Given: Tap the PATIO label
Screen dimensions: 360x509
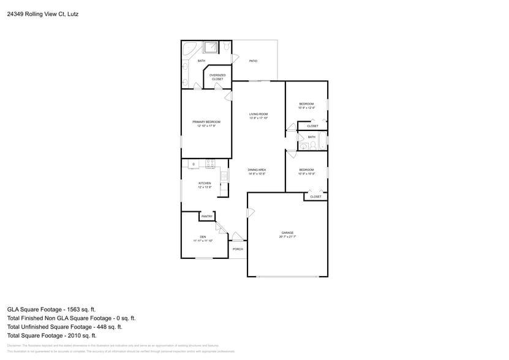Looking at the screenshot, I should [253, 61].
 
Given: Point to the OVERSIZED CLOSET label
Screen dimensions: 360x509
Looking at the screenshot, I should [217, 77].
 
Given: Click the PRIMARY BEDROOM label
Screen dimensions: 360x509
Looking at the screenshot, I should [206, 122].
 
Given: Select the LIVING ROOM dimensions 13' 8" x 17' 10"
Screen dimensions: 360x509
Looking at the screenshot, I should [258, 118].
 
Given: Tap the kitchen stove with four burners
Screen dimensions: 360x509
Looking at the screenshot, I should [210, 163].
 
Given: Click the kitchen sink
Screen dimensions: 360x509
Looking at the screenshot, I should [224, 176].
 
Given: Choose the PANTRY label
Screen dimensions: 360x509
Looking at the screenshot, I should [207, 217].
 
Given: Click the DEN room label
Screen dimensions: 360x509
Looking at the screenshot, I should [203, 237].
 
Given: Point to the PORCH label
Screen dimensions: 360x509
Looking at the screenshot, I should [238, 249].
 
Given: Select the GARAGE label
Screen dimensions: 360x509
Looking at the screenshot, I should [287, 233].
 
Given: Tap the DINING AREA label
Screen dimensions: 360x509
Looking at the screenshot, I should [257, 170].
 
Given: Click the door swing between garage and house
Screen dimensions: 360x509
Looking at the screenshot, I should [250, 213].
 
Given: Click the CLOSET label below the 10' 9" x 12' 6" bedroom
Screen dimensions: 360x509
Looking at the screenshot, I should [312, 126].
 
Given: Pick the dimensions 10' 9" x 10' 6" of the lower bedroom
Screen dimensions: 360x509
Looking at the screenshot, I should [306, 174].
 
